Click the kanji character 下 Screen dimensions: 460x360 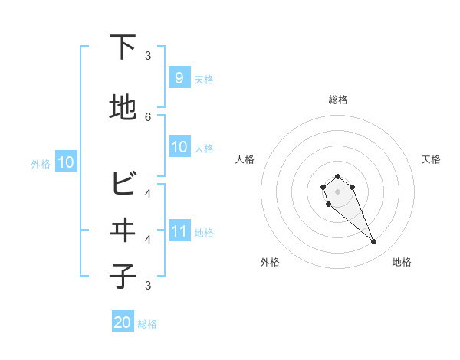(123, 47)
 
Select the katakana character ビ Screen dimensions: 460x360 (123, 185)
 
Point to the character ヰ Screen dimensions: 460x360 (123, 231)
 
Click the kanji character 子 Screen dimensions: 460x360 (123, 277)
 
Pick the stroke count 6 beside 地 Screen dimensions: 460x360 (148, 116)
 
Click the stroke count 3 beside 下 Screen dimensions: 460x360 (148, 55)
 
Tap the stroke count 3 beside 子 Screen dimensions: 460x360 (148, 286)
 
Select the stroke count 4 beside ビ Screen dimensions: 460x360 (148, 193)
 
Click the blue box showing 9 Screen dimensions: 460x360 (179, 77)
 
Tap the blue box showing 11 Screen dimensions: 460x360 (179, 231)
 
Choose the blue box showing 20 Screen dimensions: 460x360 (123, 322)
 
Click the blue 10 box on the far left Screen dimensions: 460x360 (65, 162)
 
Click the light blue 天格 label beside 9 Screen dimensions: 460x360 (204, 80)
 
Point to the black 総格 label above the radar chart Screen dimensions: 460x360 (337, 100)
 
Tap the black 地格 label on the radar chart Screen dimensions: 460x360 (402, 263)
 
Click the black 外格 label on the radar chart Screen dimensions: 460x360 (270, 263)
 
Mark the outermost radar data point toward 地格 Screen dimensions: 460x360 (374, 242)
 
